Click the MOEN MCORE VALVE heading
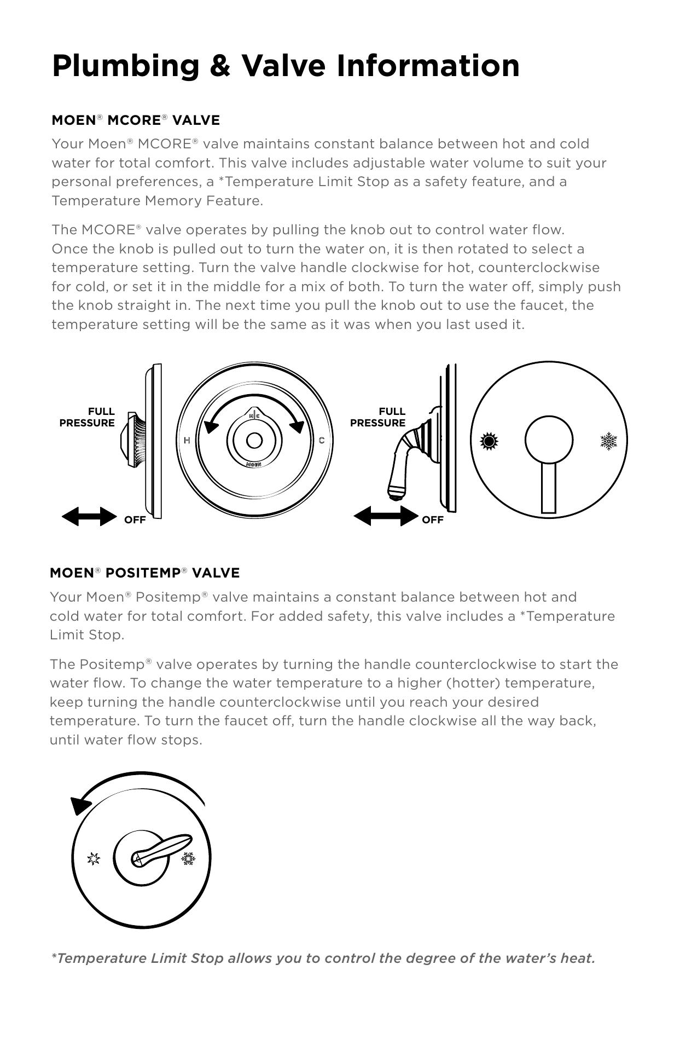(x=136, y=120)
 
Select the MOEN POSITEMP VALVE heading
(x=144, y=573)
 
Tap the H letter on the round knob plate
(x=187, y=440)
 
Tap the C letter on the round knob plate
(x=322, y=440)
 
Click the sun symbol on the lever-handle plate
(x=489, y=441)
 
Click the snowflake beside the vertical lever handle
(x=608, y=441)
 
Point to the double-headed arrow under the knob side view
(x=89, y=516)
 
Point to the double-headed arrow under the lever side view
(x=386, y=516)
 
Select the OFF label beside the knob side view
(x=135, y=520)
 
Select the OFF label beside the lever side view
(x=432, y=520)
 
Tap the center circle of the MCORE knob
(x=254, y=440)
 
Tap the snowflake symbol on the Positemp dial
(x=188, y=858)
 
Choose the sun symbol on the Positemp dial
(x=94, y=859)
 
